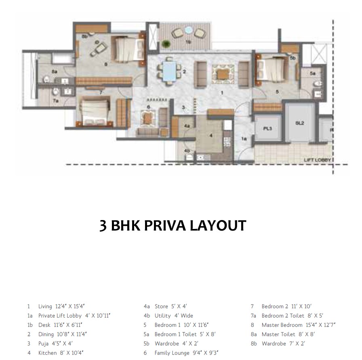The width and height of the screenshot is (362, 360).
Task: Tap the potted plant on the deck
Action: click(x=165, y=43)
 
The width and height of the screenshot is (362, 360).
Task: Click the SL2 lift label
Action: click(x=299, y=123)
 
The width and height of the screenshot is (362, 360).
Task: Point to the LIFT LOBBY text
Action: click(x=317, y=160)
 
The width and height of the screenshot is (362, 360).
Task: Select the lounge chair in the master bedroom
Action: click(x=96, y=49)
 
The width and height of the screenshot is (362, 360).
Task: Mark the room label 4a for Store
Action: click(x=187, y=126)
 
